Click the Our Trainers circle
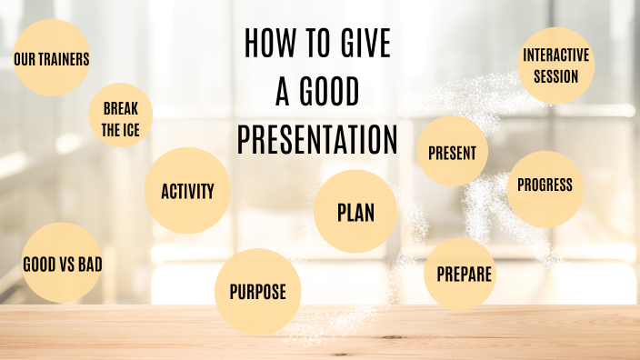tap(52, 58)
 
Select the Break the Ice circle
tap(120, 116)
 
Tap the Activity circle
tap(187, 191)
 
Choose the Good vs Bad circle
tap(62, 264)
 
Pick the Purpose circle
tap(257, 291)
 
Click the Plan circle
tap(355, 212)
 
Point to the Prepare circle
tap(465, 273)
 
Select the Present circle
tap(453, 153)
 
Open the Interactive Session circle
tap(556, 65)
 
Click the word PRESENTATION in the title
tap(317, 140)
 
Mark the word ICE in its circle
tap(132, 130)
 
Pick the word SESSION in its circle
tap(556, 75)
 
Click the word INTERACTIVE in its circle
tap(556, 55)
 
